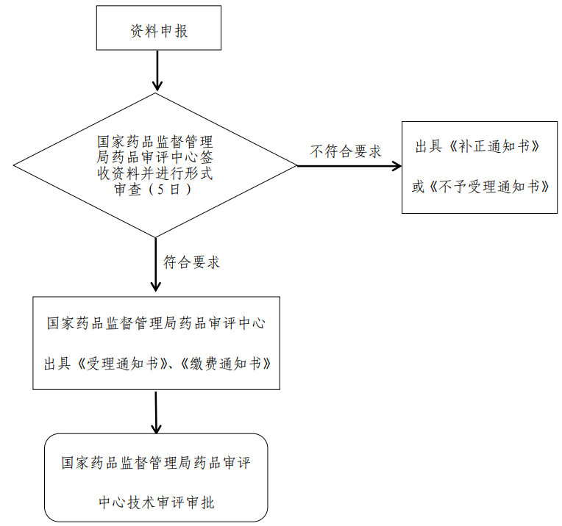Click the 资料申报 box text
tap(159, 31)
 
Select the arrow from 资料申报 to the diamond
tap(157, 71)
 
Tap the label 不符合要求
tap(346, 151)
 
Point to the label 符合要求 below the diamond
tap(191, 262)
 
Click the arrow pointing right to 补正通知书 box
tap(349, 166)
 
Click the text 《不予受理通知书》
tap(488, 187)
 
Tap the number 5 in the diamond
tap(160, 189)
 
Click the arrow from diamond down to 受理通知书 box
tap(155, 264)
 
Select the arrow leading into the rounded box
tap(156, 412)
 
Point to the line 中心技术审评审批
tap(156, 502)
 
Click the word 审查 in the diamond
tap(127, 190)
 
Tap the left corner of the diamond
tap(14, 165)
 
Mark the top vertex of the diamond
tap(155, 93)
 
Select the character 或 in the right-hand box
tap(419, 187)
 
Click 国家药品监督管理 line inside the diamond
tap(155, 142)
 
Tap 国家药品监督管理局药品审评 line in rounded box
tap(156, 463)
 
